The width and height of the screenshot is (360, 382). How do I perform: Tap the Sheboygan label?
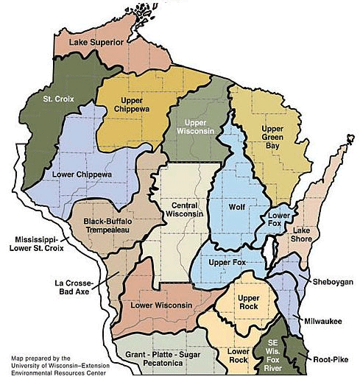coord(332,282)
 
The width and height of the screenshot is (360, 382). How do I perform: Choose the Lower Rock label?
coord(238,353)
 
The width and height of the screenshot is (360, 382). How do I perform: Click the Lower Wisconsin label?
coord(161,305)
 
